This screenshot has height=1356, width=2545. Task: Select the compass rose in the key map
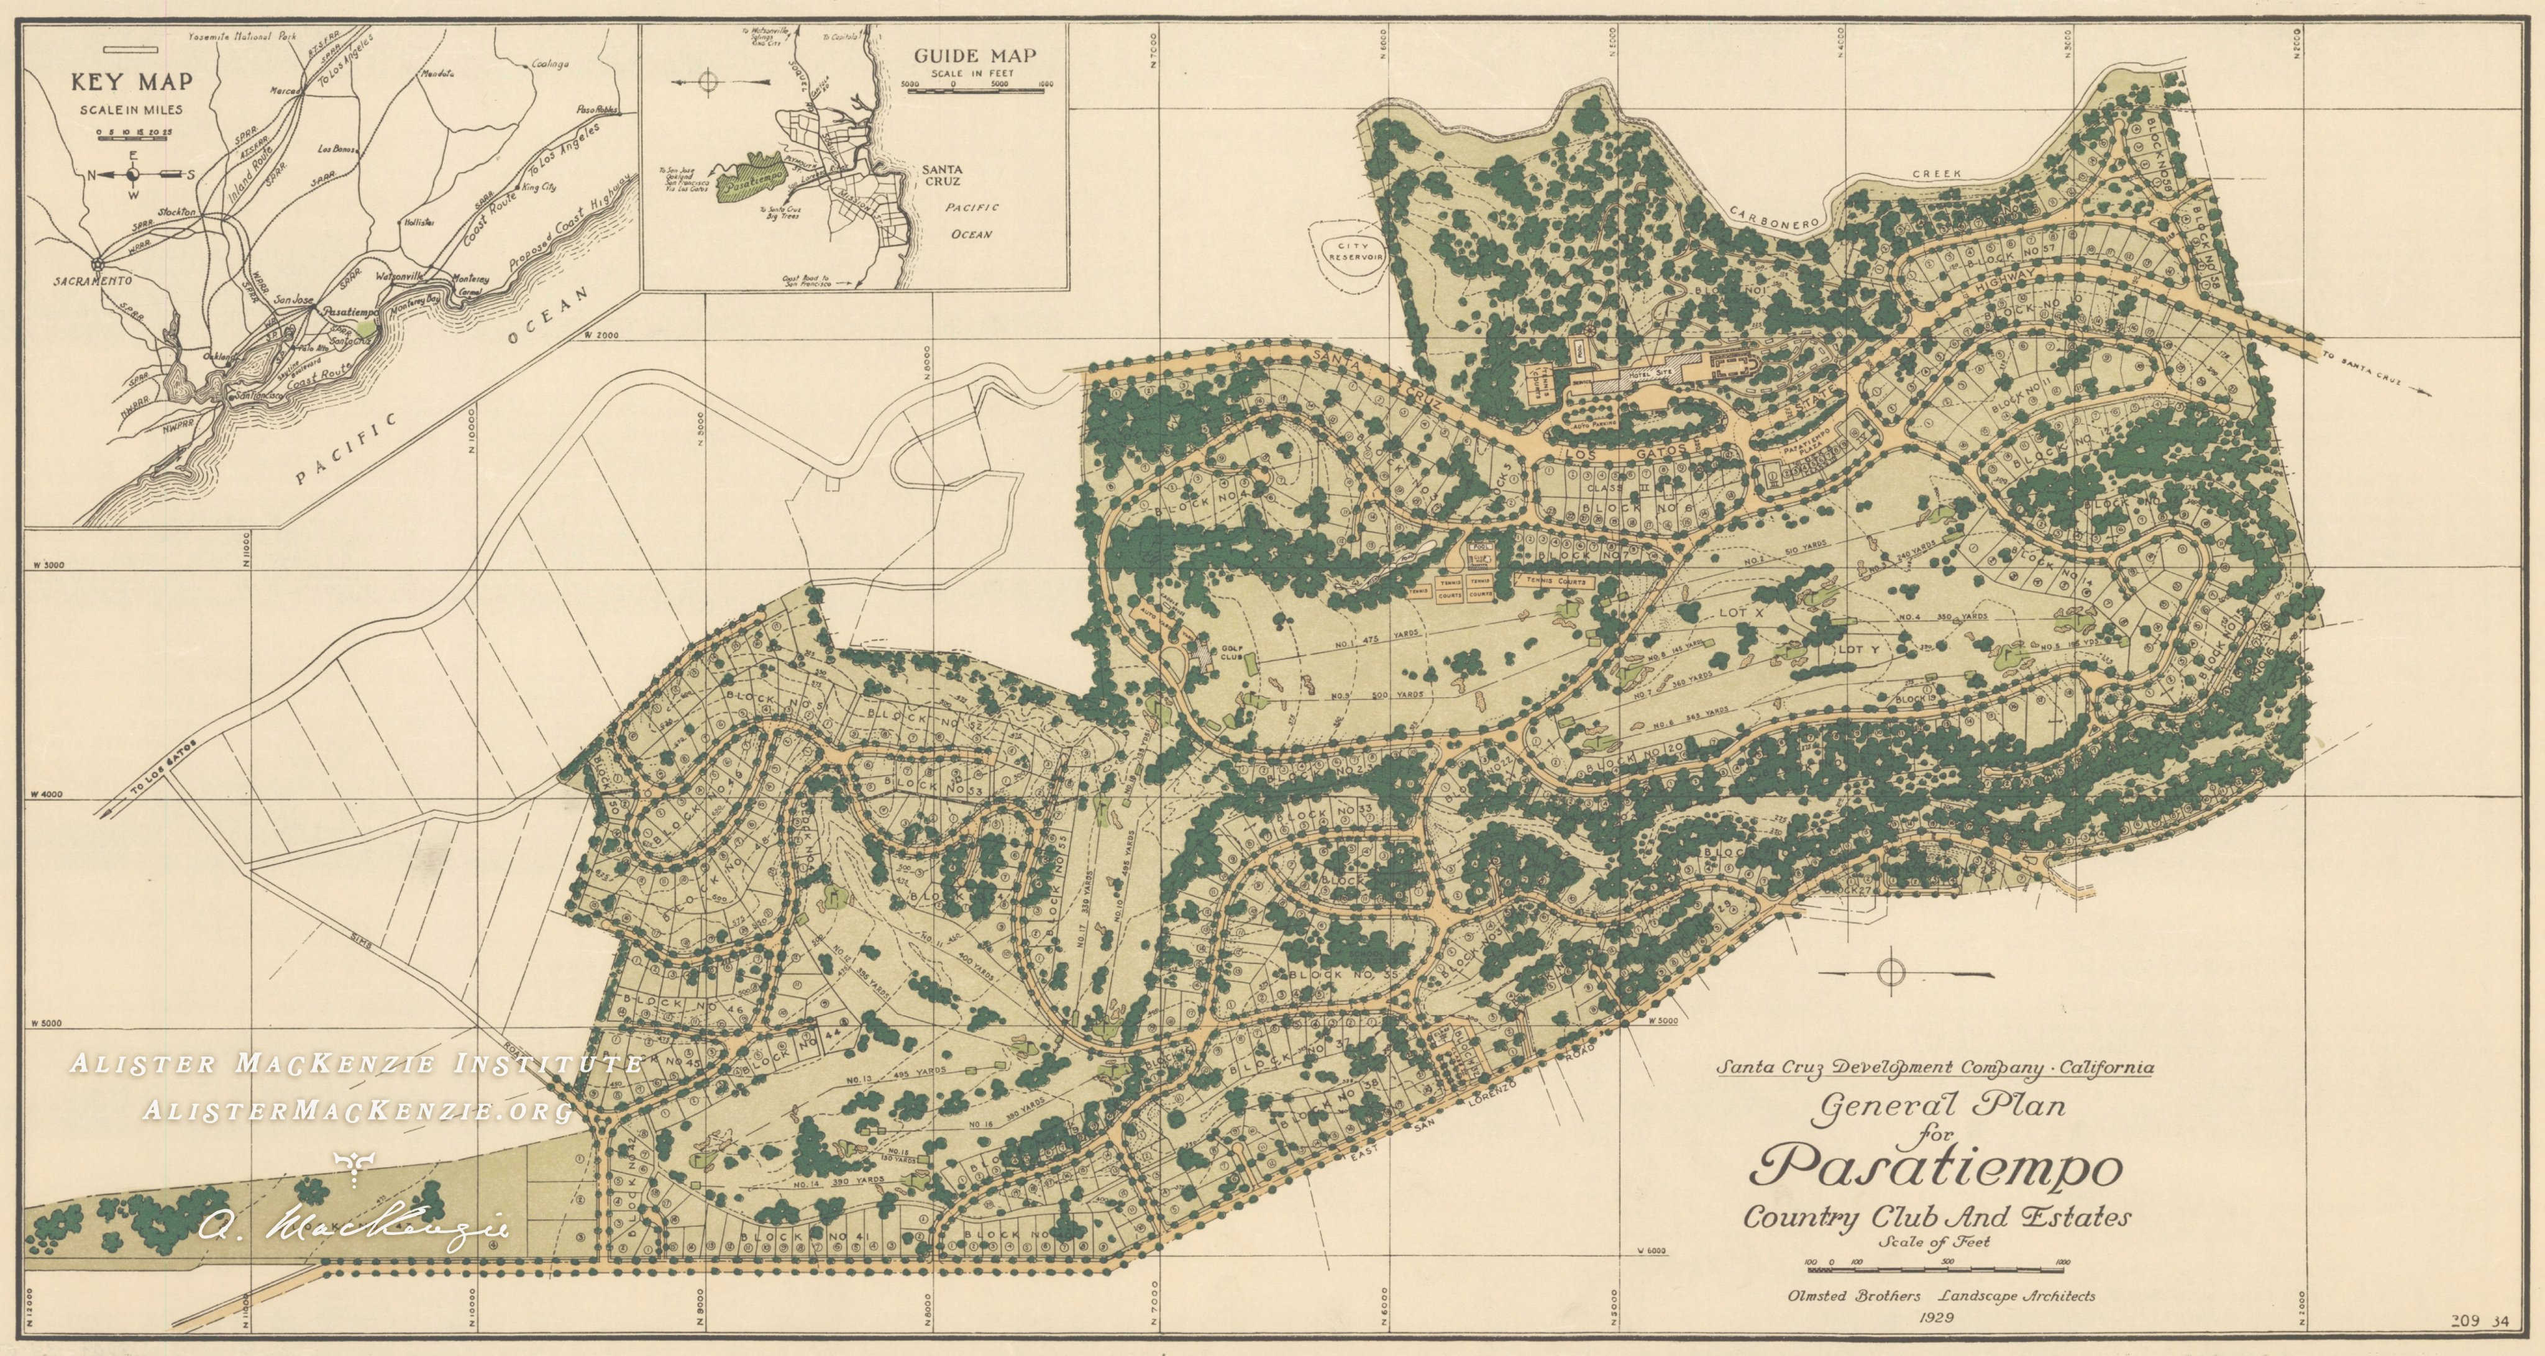[x=134, y=175]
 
